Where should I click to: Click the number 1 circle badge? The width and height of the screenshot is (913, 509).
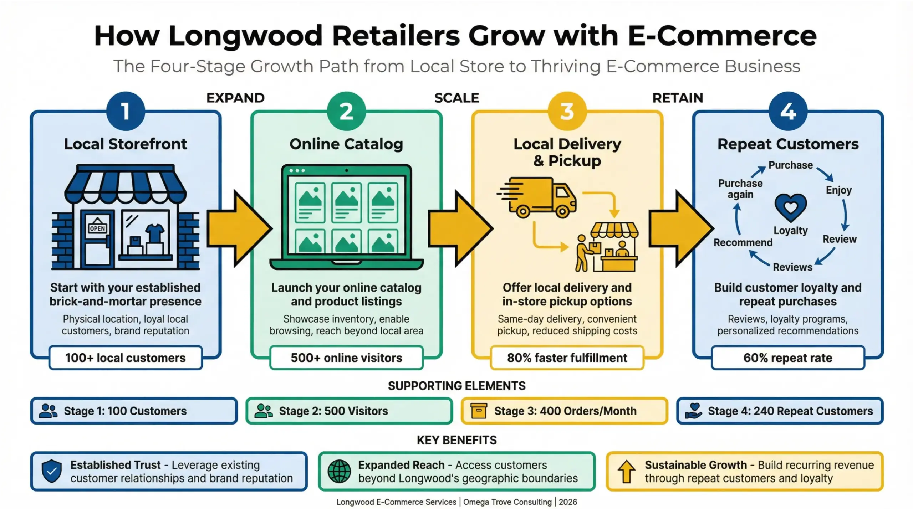tap(126, 111)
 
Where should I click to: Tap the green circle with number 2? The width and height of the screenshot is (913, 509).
tap(346, 111)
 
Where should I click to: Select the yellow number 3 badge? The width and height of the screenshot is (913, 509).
tap(567, 111)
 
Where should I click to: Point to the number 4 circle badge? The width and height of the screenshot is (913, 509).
tap(788, 111)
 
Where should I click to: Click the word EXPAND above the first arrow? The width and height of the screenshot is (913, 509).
tap(235, 98)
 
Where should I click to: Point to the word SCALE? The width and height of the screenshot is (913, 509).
tap(456, 98)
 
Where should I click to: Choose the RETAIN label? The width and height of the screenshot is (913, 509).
tap(678, 98)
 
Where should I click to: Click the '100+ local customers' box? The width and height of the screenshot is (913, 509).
tap(126, 358)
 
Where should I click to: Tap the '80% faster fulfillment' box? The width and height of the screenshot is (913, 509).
tap(567, 358)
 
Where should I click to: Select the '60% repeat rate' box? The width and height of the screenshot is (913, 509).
tap(788, 358)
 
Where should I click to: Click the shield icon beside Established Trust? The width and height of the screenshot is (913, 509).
tap(52, 471)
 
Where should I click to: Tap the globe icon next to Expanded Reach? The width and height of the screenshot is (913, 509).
tap(339, 471)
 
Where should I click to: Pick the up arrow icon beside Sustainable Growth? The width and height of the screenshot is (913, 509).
tap(626, 471)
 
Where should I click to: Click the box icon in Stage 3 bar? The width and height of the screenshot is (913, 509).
tap(479, 411)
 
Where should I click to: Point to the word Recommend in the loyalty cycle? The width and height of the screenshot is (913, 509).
tap(743, 242)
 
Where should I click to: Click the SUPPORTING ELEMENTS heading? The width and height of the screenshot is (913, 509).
tap(456, 386)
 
